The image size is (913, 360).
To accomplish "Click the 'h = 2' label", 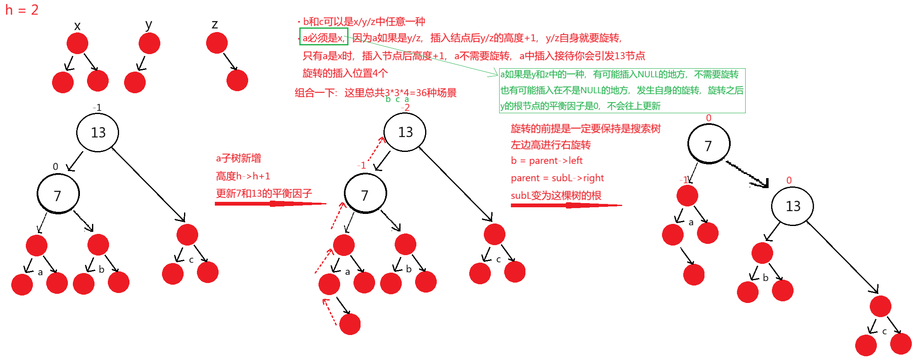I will [x=22, y=10].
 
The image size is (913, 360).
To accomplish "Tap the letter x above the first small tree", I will [x=77, y=26].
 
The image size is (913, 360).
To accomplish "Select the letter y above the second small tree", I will [x=149, y=25].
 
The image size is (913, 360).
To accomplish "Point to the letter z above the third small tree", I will [x=215, y=24].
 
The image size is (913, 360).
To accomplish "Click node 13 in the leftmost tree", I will [x=98, y=132].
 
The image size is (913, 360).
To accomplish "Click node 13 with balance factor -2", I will [x=405, y=132].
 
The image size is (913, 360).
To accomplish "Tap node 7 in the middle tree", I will [x=365, y=194].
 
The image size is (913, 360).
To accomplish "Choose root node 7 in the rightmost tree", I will [x=709, y=144].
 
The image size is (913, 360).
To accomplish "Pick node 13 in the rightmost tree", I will [x=792, y=206].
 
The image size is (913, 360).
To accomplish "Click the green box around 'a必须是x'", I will [x=323, y=37].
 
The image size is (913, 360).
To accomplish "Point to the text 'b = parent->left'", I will [x=547, y=161].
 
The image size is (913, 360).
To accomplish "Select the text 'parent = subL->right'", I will [x=557, y=178].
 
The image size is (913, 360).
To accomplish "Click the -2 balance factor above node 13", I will [x=406, y=107].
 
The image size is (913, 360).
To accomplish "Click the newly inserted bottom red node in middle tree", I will [x=350, y=324].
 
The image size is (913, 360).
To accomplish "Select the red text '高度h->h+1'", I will [x=243, y=176].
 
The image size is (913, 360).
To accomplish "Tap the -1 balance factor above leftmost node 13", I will [x=97, y=107].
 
